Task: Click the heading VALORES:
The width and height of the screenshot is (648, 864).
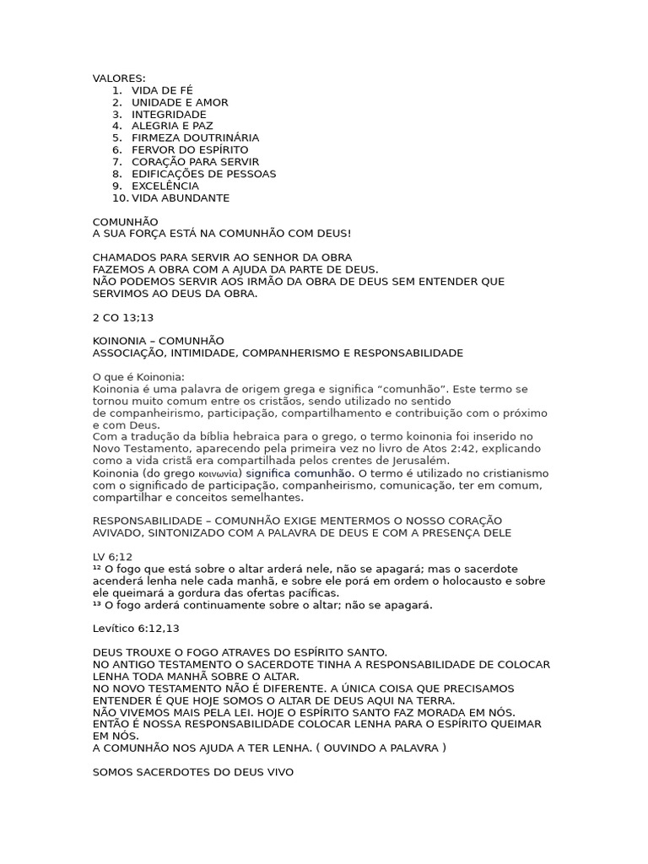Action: tap(119, 78)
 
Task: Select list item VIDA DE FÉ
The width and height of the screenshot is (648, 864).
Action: tap(162, 90)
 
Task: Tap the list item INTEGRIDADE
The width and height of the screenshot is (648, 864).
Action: tap(169, 114)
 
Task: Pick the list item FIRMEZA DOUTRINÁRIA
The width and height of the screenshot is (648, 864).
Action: tap(195, 138)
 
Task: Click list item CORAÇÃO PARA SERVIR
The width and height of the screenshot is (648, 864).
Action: tap(195, 162)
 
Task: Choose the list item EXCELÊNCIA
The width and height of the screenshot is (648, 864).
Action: tap(165, 186)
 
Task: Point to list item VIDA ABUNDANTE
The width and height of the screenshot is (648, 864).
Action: tap(181, 198)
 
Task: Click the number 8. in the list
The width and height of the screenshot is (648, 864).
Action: tap(117, 174)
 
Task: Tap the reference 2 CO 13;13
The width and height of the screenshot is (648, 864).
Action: tap(123, 317)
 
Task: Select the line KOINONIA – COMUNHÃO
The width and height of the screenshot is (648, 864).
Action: tap(159, 340)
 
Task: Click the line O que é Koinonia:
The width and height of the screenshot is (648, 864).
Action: tap(138, 376)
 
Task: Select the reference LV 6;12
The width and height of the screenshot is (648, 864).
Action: tap(112, 557)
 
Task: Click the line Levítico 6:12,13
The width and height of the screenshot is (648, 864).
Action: tap(136, 629)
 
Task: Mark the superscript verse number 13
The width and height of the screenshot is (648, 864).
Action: tap(97, 605)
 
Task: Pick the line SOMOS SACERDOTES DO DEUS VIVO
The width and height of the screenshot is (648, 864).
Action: tap(193, 772)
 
